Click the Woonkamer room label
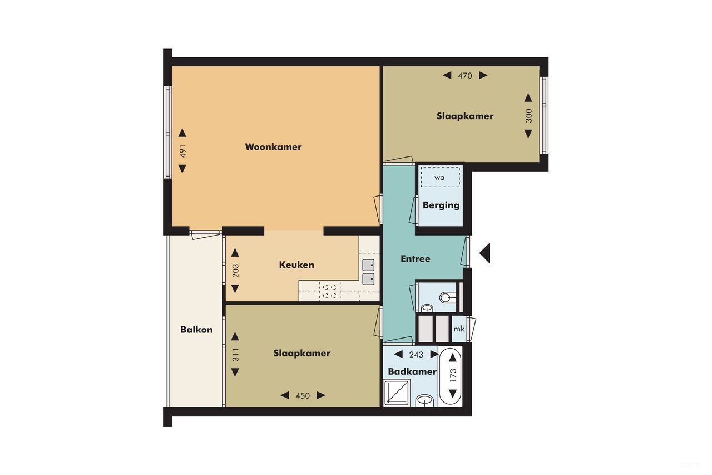tap(273, 147)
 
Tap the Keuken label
tap(296, 265)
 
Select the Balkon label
tap(196, 330)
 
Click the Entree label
tap(416, 259)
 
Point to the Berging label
tap(441, 205)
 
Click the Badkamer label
tap(412, 371)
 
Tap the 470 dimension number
tap(465, 76)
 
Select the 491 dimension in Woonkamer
tap(182, 151)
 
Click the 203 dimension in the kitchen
tap(235, 271)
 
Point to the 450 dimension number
tap(303, 396)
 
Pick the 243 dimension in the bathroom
tap(416, 355)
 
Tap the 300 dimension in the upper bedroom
tap(528, 116)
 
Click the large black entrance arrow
tap(484, 253)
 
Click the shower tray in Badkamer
tap(397, 393)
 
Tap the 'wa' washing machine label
tap(439, 178)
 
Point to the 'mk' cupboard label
tap(459, 329)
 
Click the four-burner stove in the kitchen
tap(329, 291)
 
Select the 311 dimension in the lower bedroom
tap(235, 354)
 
